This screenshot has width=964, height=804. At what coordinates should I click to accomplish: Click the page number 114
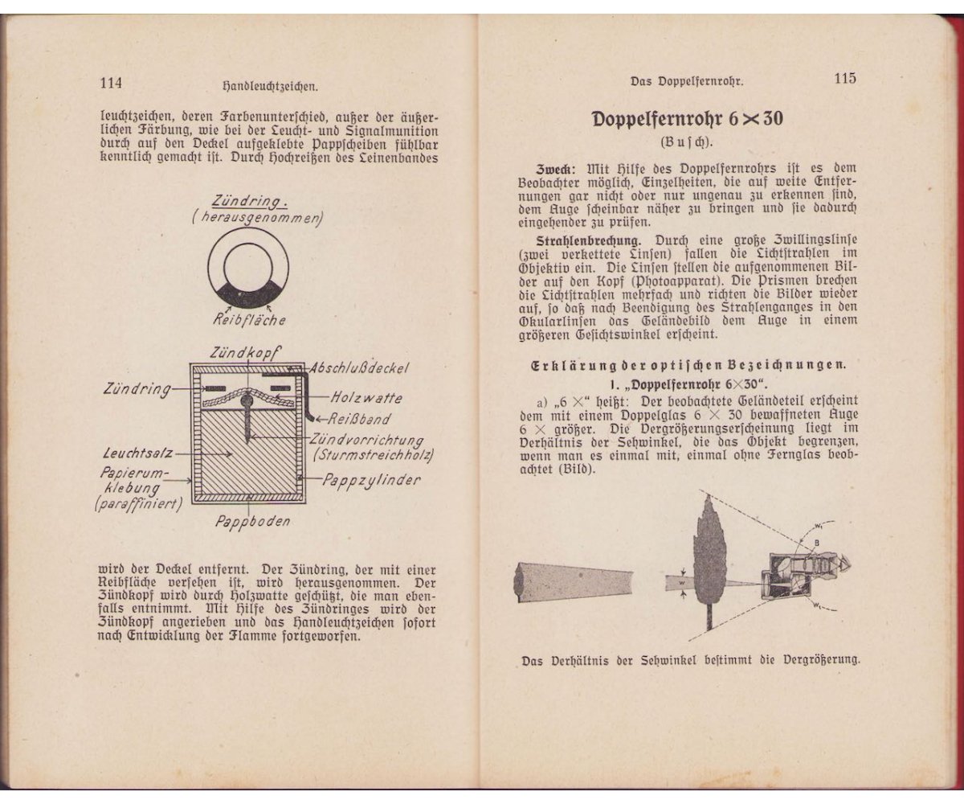pyautogui.click(x=110, y=83)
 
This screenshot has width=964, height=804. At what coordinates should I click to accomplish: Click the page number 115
pyautogui.click(x=844, y=79)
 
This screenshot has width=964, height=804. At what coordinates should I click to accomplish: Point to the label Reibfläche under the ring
pyautogui.click(x=249, y=320)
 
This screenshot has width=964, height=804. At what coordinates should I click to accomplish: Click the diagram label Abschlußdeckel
pyautogui.click(x=361, y=368)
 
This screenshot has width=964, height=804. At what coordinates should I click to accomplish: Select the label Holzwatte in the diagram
pyautogui.click(x=366, y=398)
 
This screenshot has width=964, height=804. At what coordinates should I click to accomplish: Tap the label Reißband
pyautogui.click(x=361, y=419)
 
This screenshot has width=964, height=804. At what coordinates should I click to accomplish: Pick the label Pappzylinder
pyautogui.click(x=371, y=480)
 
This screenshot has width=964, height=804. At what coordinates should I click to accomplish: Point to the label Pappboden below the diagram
pyautogui.click(x=252, y=521)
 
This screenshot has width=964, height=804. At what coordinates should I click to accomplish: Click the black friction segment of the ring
pyautogui.click(x=248, y=293)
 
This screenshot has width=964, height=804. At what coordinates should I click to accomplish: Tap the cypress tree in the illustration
pyautogui.click(x=709, y=555)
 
